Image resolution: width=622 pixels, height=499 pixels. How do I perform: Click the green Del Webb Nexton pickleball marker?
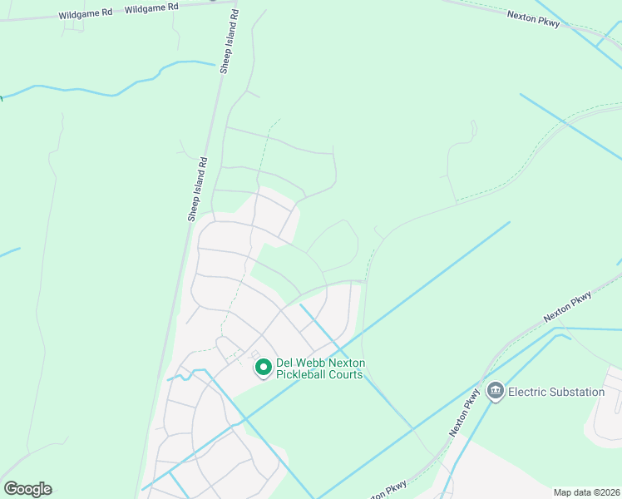click(x=263, y=367)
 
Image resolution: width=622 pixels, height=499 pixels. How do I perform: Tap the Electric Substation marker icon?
click(x=496, y=391)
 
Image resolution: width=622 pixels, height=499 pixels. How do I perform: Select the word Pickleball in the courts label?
click(x=306, y=375)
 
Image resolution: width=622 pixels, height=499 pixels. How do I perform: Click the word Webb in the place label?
click(x=313, y=363)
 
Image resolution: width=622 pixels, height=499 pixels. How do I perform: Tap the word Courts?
click(x=348, y=375)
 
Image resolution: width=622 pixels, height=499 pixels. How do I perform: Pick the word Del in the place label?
click(x=286, y=363)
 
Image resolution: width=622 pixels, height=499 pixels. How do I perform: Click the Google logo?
click(x=27, y=489)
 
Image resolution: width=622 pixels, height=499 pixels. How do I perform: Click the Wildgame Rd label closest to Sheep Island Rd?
click(x=151, y=7)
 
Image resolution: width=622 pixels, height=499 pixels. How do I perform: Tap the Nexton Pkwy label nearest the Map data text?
click(x=384, y=489)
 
